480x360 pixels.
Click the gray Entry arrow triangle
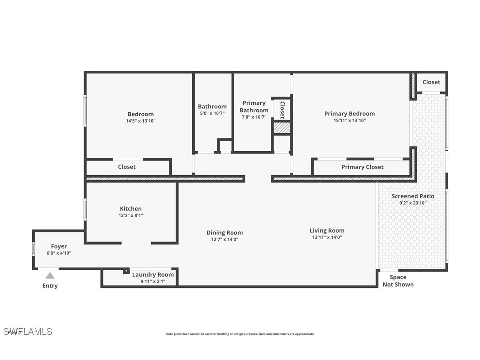pos(50,276)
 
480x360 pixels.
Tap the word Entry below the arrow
pos(50,286)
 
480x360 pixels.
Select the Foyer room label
pos(59,246)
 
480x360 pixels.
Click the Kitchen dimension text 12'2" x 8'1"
pos(131,216)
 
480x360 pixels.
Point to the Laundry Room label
pos(153,275)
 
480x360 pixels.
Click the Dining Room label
pos(225,233)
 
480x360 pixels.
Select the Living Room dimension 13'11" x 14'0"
pos(327,237)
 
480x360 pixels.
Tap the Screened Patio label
pos(413,196)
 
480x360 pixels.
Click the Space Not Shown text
pos(398,281)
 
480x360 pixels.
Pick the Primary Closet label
pos(362,167)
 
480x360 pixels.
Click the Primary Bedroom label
pos(349,114)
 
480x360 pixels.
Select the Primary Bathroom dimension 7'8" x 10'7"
pos(254,117)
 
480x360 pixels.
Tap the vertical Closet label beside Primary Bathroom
pos(282,110)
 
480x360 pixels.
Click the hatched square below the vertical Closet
pos(282,128)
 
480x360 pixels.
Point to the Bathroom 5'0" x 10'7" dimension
pos(212,113)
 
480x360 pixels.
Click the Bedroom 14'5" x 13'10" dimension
pos(141,121)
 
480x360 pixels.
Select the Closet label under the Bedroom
pos(127,167)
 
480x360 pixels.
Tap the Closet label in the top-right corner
pos(431,82)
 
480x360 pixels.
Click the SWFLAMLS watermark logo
pos(27,331)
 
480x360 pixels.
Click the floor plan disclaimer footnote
pos(240,334)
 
